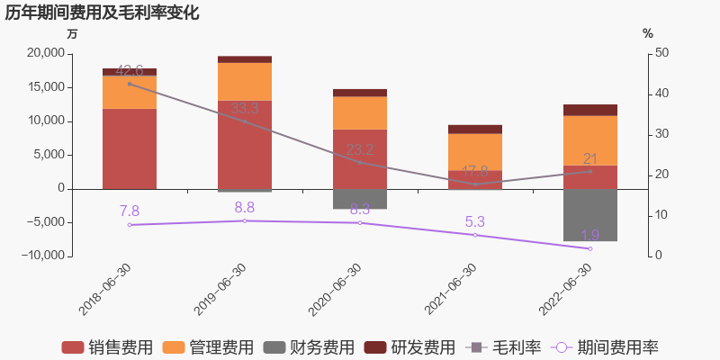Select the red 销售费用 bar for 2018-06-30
pyautogui.click(x=130, y=148)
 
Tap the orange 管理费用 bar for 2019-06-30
pyautogui.click(x=245, y=82)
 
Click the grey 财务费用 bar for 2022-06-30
pyautogui.click(x=590, y=215)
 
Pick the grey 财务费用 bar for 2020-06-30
pyautogui.click(x=360, y=199)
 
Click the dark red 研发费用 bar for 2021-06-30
pyautogui.click(x=475, y=130)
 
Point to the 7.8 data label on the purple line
pyautogui.click(x=130, y=211)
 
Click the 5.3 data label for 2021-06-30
pyautogui.click(x=475, y=221)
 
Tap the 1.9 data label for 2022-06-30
pyautogui.click(x=590, y=235)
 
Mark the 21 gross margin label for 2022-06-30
pyautogui.click(x=590, y=159)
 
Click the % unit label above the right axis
pyautogui.click(x=647, y=33)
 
